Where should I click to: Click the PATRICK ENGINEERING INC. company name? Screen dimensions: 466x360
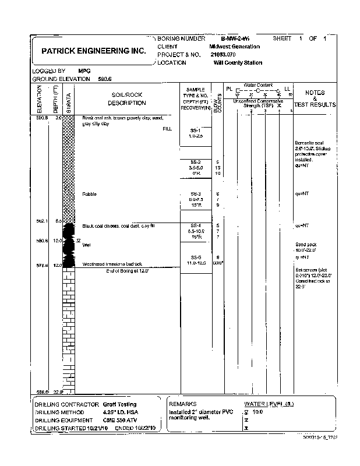point(93,51)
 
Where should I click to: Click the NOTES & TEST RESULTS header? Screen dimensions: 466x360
point(315,99)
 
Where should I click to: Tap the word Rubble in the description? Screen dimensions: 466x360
point(89,193)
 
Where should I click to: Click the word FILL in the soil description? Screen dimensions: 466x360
point(168,129)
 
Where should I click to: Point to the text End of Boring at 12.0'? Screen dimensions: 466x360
point(127,271)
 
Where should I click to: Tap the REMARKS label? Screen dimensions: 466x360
point(183,404)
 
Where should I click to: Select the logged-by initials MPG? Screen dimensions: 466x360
point(84,70)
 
